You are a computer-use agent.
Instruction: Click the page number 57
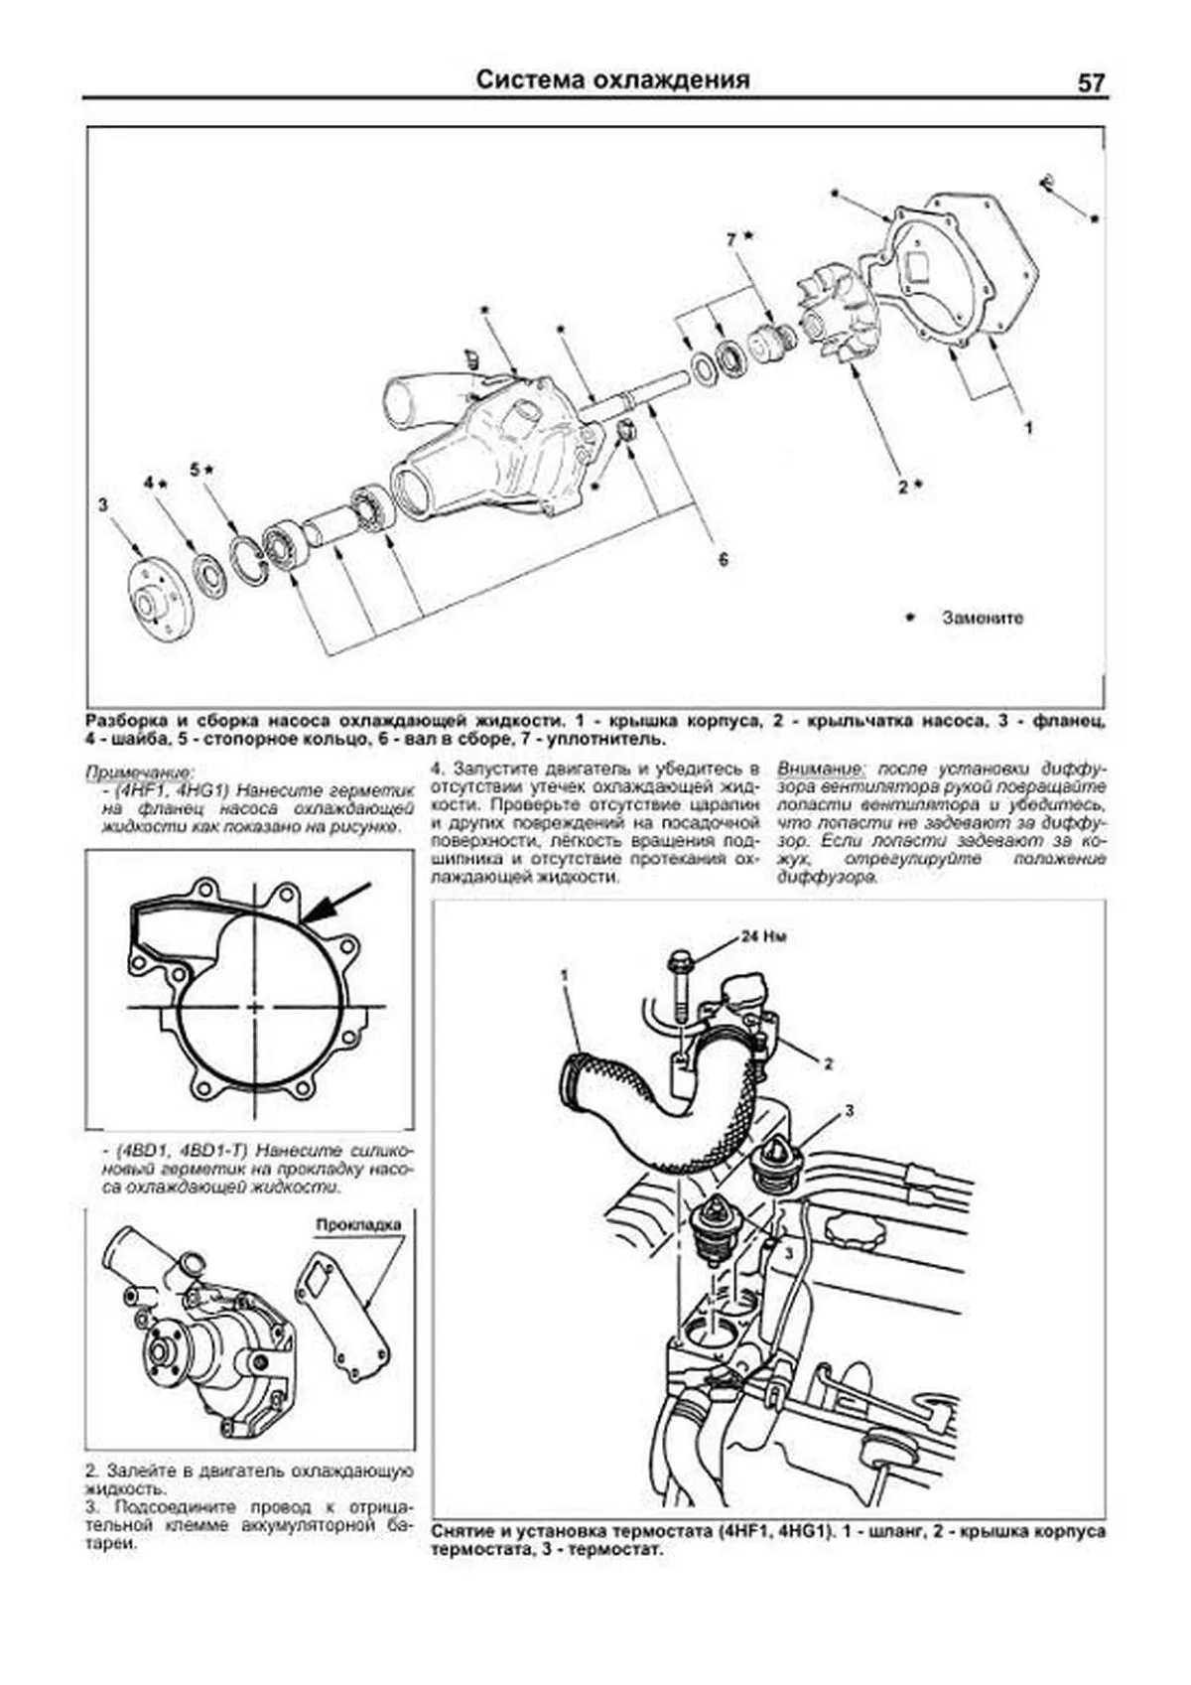coord(1090,83)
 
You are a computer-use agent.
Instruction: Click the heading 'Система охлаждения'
coord(612,80)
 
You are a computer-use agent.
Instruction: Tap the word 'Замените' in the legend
coord(982,618)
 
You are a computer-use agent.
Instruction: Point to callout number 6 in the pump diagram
coord(724,560)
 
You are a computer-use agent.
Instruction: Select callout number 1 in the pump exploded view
coord(1029,428)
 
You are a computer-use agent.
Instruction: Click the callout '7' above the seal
coord(731,239)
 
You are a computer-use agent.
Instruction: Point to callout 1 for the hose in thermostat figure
coord(564,976)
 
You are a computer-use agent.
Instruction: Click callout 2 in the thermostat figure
coord(827,1063)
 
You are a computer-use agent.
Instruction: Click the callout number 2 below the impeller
coord(903,487)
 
